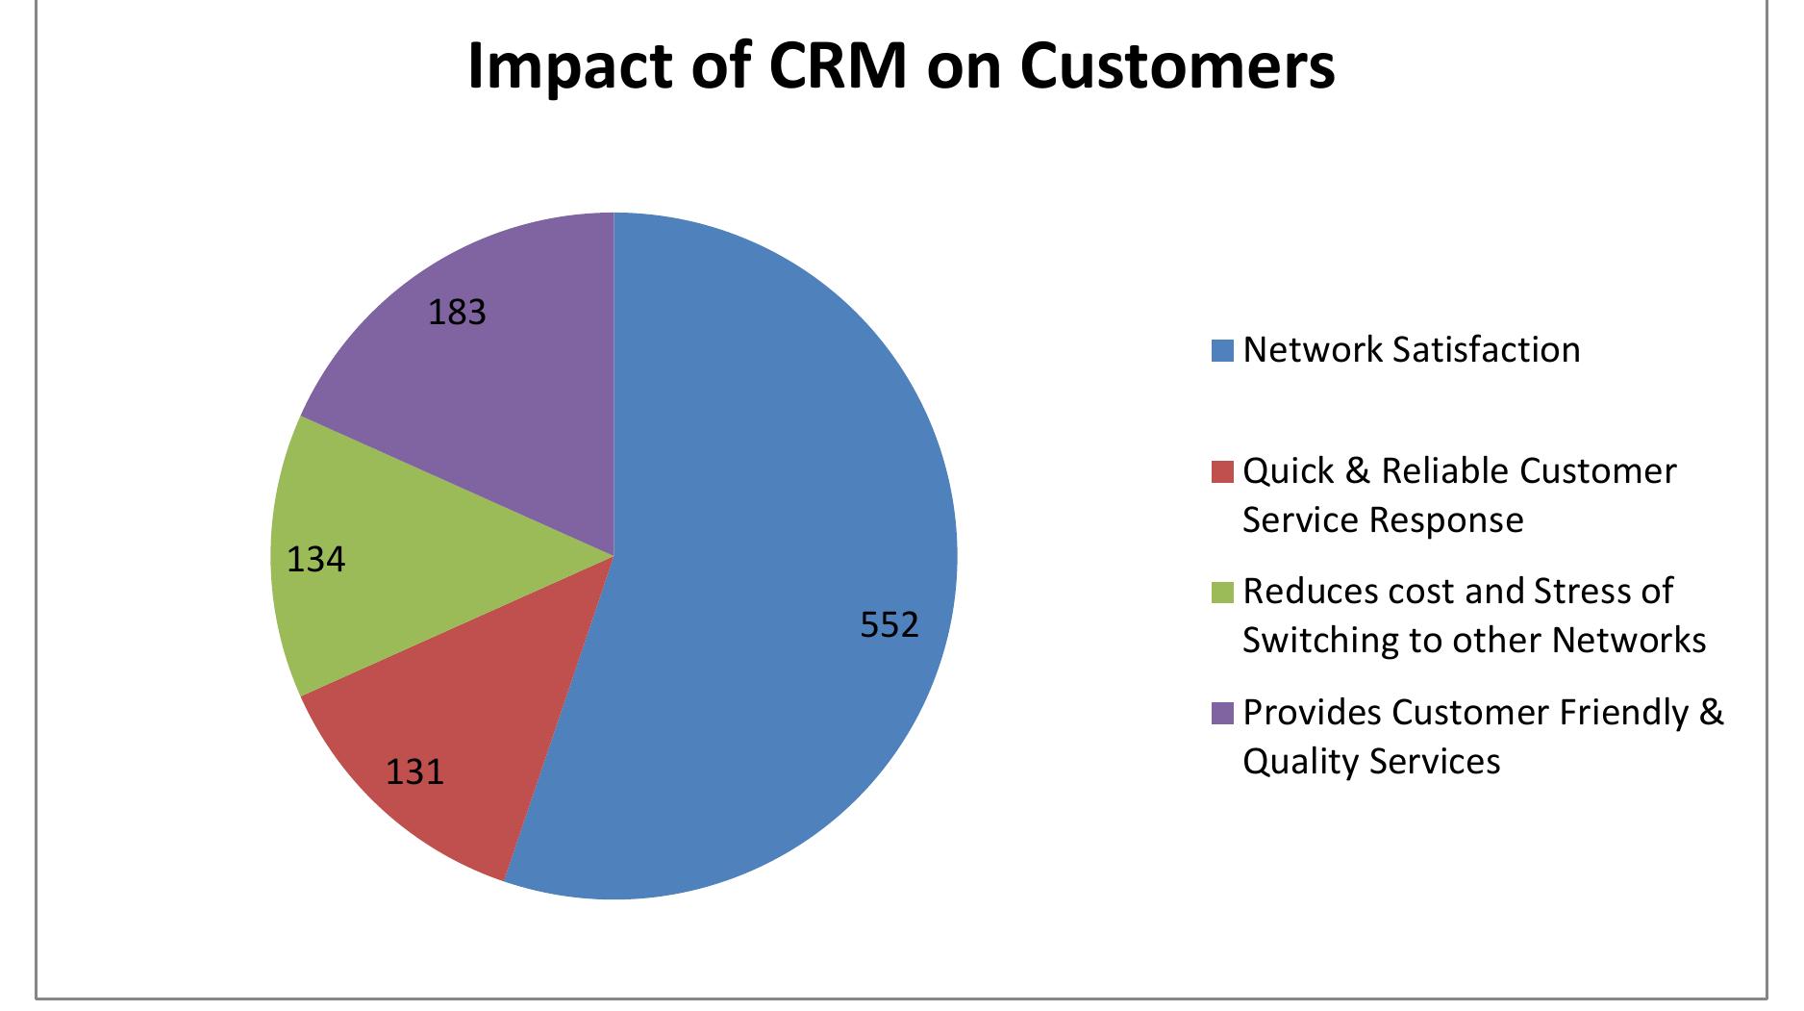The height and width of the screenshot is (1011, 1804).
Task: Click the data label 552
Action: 889,626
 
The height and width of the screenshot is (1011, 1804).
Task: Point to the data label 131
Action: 415,771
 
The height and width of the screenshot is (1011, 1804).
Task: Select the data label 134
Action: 316,559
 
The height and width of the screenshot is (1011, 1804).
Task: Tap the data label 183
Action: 458,313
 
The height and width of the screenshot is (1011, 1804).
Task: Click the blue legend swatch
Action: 1222,350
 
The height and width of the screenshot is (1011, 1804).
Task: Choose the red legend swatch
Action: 1222,471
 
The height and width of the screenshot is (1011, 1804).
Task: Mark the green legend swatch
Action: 1222,592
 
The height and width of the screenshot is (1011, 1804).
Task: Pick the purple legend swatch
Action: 1222,713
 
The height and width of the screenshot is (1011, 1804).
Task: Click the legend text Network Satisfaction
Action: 1412,350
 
